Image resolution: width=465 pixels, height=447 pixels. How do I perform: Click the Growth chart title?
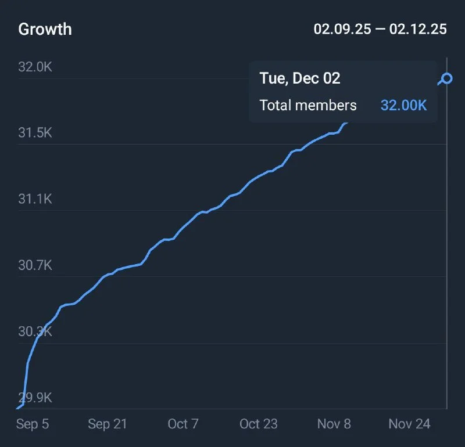(45, 30)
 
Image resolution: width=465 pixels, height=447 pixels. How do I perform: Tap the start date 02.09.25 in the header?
(342, 29)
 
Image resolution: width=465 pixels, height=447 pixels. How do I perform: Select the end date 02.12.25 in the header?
(418, 29)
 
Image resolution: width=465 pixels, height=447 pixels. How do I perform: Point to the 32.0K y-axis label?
(35, 67)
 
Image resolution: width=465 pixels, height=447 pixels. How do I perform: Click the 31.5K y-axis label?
(35, 133)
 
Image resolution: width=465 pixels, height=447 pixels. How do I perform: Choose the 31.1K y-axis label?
(35, 199)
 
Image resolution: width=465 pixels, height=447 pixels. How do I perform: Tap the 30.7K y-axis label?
(35, 265)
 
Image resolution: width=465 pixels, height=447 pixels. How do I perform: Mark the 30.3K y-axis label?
(35, 331)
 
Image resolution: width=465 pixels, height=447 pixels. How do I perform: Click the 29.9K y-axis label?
(35, 398)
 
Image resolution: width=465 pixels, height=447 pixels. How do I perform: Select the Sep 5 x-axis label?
(33, 424)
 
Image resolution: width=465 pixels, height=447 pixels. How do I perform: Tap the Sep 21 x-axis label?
(108, 424)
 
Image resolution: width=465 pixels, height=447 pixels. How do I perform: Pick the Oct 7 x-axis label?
(183, 424)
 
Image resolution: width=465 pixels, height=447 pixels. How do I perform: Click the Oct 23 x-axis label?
(259, 424)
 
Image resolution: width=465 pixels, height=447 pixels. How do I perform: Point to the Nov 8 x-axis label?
(334, 424)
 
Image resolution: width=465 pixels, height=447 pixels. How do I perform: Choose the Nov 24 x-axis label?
(410, 424)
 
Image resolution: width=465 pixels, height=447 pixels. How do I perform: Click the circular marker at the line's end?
(446, 78)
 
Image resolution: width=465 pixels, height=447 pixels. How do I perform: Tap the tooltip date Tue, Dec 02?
(300, 78)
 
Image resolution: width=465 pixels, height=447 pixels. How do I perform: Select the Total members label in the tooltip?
(308, 105)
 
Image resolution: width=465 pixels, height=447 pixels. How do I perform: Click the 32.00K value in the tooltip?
(404, 105)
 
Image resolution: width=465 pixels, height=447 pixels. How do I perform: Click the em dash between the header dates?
(380, 30)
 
